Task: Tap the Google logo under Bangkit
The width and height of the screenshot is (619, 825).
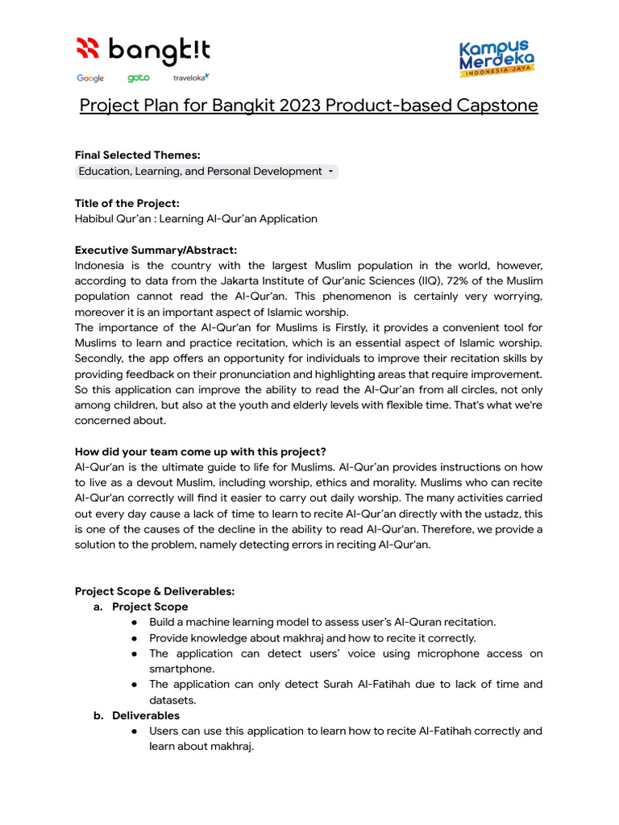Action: pyautogui.click(x=90, y=78)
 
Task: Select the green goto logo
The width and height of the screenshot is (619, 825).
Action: pyautogui.click(x=138, y=78)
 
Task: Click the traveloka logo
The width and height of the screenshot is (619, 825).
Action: pyautogui.click(x=191, y=77)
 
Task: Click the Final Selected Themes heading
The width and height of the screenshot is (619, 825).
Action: pyautogui.click(x=138, y=155)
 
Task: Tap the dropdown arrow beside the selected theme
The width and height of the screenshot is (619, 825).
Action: pyautogui.click(x=330, y=172)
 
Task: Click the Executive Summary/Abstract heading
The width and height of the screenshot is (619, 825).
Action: pyautogui.click(x=156, y=250)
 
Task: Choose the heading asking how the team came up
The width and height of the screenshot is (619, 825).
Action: pyautogui.click(x=200, y=451)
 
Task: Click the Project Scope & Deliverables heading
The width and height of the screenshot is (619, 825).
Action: pyautogui.click(x=155, y=591)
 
